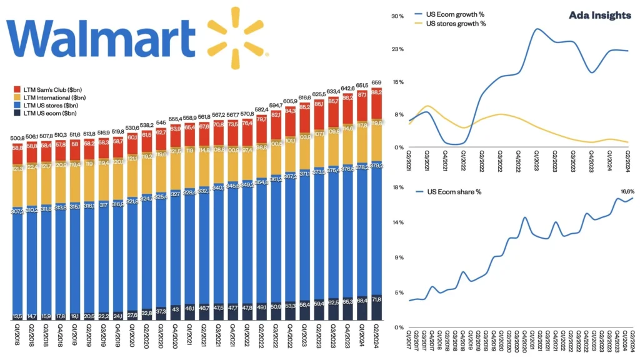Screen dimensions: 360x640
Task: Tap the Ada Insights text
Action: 600,16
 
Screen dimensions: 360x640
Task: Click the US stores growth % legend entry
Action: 455,23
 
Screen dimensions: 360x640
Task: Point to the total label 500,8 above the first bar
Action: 17,139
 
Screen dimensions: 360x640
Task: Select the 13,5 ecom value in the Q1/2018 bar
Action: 17,316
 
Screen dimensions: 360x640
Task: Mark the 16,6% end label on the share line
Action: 627,191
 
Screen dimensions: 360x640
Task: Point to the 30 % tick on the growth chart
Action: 397,16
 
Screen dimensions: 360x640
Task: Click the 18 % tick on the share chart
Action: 397,187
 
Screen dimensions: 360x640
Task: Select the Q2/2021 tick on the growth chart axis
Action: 410,161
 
